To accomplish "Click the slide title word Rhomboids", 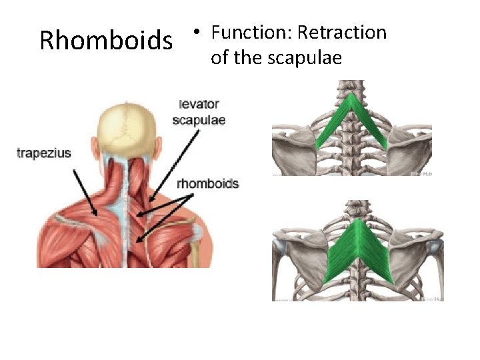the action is pyautogui.click(x=105, y=41).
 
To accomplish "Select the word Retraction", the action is pyautogui.click(x=342, y=32).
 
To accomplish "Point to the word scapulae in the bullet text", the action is pyautogui.click(x=305, y=59).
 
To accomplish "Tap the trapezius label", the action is pyautogui.click(x=44, y=153).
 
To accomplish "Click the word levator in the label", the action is pyautogui.click(x=199, y=105).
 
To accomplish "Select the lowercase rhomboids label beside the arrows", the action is pyautogui.click(x=208, y=183).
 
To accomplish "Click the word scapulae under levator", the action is pyautogui.click(x=199, y=121).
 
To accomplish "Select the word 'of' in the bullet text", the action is pyautogui.click(x=219, y=59).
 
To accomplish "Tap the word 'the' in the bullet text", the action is pyautogui.click(x=247, y=59).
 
